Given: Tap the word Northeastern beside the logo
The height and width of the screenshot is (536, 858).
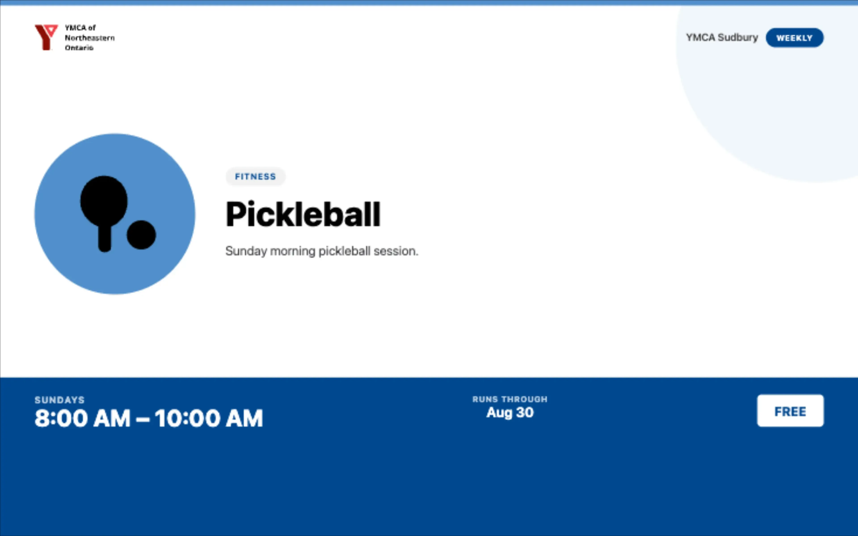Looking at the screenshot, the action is pyautogui.click(x=90, y=38).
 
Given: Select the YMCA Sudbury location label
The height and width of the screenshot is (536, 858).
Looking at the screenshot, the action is pyautogui.click(x=722, y=38).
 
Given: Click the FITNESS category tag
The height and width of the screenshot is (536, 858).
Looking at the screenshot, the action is pyautogui.click(x=255, y=176).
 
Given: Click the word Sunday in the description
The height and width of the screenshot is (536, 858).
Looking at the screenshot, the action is pyautogui.click(x=246, y=251).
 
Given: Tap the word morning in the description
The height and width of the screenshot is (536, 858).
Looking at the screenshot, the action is pyautogui.click(x=292, y=251).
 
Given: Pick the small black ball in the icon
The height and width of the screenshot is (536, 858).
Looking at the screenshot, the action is pyautogui.click(x=141, y=235).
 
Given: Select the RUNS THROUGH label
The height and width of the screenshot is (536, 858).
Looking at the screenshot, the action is pyautogui.click(x=510, y=399).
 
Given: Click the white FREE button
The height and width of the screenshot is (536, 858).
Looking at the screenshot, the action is pyautogui.click(x=790, y=411).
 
